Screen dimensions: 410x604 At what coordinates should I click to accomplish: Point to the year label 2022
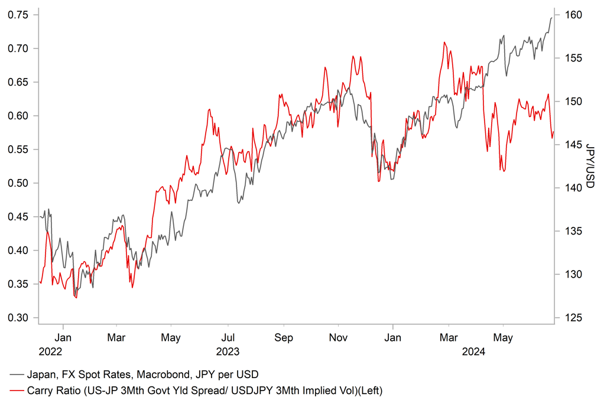click(50, 352)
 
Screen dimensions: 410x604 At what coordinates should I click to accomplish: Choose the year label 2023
click(228, 352)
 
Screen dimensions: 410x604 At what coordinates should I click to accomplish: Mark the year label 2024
click(473, 352)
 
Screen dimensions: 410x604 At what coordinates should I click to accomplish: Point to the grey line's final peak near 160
click(551, 18)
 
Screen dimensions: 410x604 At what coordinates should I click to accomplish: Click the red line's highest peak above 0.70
click(444, 43)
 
